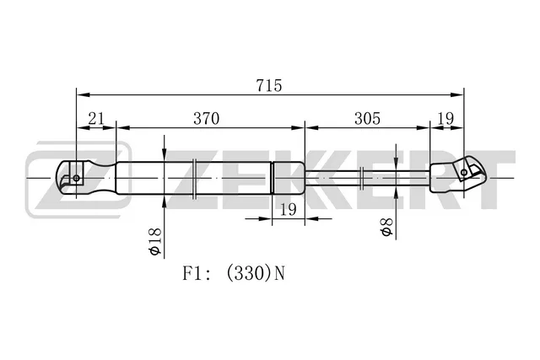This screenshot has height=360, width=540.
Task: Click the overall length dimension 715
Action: point(269,85)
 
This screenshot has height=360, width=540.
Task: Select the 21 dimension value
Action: point(96,119)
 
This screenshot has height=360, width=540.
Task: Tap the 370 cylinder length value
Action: point(206,119)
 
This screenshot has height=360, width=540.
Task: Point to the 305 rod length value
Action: point(368,119)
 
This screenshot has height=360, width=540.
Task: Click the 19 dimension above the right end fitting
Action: point(445,119)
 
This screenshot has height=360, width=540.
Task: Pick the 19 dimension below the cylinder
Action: point(289,209)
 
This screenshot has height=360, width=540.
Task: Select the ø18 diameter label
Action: point(155,241)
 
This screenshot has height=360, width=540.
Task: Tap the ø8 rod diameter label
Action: point(387,227)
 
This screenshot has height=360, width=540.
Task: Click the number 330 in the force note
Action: point(246,274)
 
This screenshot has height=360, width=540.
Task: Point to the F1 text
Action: point(192,274)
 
